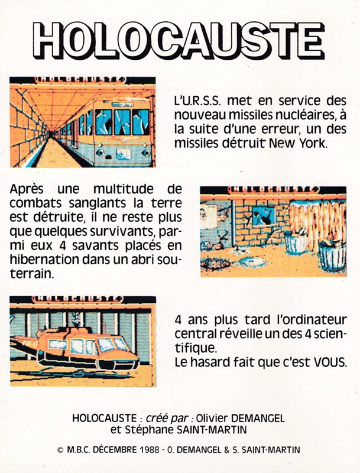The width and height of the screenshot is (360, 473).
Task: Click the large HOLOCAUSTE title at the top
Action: pyautogui.click(x=180, y=41)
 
